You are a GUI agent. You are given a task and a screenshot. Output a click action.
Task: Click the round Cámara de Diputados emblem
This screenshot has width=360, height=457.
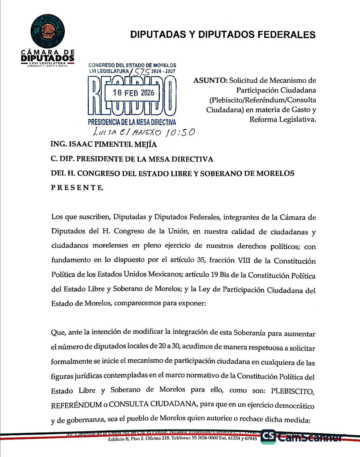[48, 31]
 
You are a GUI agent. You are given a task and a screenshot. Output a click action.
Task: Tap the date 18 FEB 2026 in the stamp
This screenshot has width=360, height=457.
[133, 93]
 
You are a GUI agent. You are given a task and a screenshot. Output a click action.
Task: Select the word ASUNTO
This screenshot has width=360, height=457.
[210, 80]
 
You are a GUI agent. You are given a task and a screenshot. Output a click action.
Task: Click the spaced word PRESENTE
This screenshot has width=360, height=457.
[77, 188]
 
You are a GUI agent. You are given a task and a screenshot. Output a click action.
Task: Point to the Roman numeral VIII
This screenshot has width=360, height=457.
[243, 260]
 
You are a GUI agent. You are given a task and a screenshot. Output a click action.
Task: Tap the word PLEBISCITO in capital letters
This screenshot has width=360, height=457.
[292, 391]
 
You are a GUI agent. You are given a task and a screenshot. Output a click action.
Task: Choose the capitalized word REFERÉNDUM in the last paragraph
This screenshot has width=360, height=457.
[77, 405]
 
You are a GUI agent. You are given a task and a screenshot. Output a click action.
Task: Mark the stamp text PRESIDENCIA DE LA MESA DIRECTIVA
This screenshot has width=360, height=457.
[132, 122]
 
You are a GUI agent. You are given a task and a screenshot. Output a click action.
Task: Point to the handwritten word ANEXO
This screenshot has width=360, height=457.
[147, 132]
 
